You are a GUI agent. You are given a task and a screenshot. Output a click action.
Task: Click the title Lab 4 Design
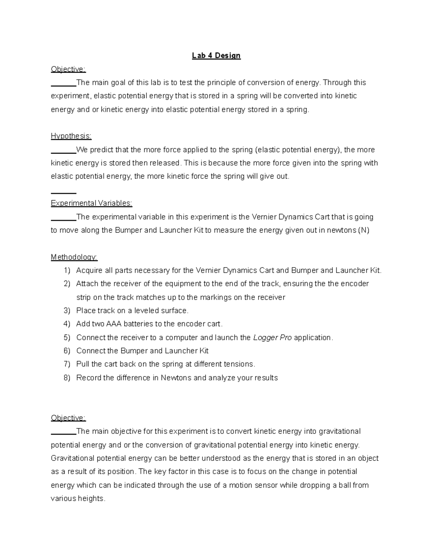click(216, 56)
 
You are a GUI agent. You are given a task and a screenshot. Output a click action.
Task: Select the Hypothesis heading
click(71, 136)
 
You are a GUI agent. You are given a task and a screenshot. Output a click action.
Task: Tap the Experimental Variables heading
click(92, 203)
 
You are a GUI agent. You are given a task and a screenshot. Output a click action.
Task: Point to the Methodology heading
click(74, 257)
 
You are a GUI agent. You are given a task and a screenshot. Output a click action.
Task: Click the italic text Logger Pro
click(272, 338)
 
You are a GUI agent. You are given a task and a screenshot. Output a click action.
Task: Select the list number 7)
click(67, 364)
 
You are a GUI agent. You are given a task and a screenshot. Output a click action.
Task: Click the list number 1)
click(67, 270)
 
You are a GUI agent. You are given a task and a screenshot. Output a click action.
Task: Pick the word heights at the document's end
click(91, 499)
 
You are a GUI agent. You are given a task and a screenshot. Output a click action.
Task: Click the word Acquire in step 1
click(89, 270)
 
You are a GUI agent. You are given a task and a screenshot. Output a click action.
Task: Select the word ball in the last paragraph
click(345, 485)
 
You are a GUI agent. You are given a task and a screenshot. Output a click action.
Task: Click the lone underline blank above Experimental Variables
click(64, 193)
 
